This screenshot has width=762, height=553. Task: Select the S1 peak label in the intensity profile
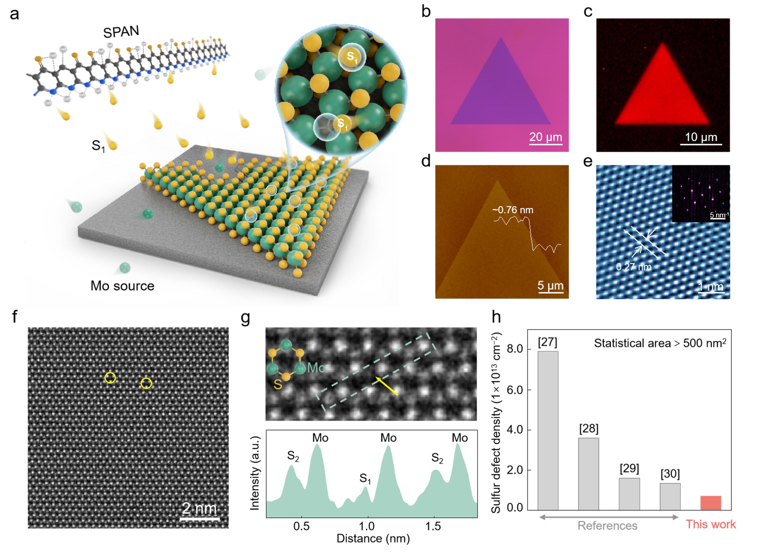[365, 478]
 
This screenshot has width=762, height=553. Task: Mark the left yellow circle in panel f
[110, 378]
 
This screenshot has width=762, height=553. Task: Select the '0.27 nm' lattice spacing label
[634, 267]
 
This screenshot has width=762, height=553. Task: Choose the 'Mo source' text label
[122, 286]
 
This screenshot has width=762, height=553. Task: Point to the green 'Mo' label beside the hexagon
[316, 368]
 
